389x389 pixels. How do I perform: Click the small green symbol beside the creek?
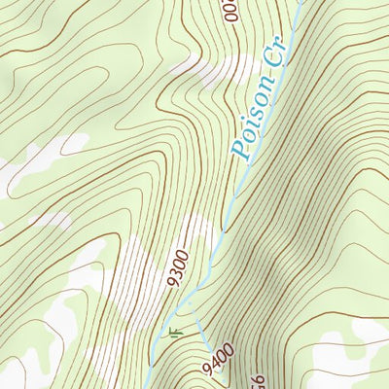175,333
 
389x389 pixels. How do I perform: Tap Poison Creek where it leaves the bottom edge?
151,386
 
